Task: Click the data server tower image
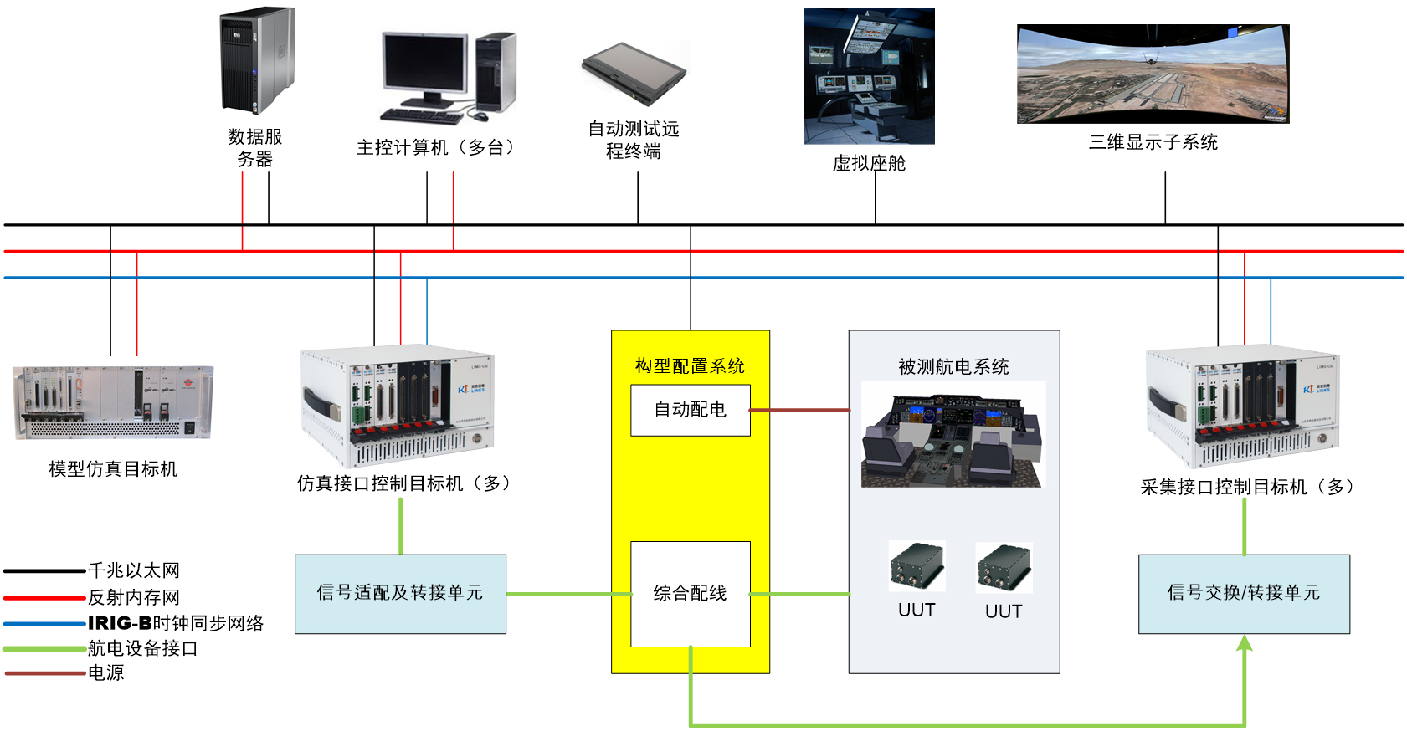257,61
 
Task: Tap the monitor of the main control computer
424,65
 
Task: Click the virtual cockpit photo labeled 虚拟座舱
869,76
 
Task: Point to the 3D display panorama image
1153,74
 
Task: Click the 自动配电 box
690,410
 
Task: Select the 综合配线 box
690,594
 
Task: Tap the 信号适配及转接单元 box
400,594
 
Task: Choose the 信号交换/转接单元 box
1244,594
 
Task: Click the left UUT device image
917,567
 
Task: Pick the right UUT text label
1004,611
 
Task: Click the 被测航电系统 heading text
953,366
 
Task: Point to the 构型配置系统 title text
690,365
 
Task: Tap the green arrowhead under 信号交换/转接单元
1245,642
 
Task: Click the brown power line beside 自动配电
799,411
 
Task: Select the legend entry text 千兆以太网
134,570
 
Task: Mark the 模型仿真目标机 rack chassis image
113,402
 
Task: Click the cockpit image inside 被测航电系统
953,435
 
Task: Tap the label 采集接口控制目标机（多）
1246,487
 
